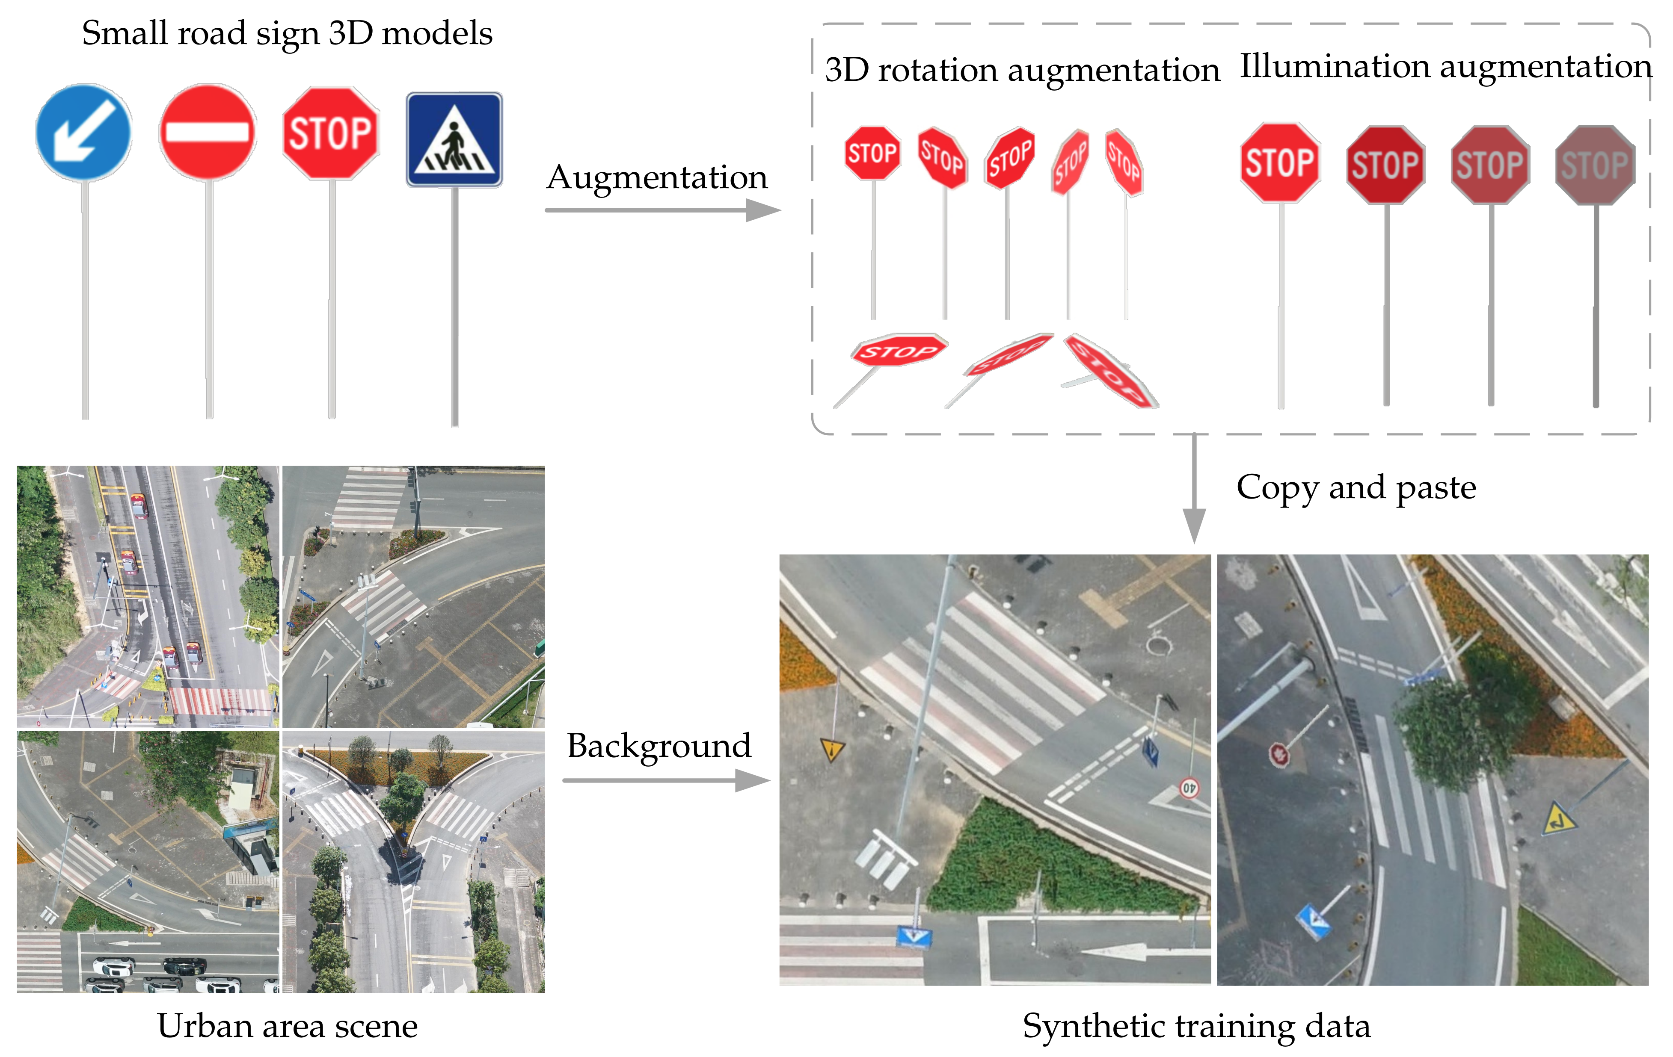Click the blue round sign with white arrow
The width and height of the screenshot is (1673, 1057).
(x=83, y=132)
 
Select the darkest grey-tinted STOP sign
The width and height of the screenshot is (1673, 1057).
(x=1595, y=165)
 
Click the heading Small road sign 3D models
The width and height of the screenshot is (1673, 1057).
(x=287, y=33)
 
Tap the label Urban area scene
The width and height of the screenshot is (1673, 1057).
(x=287, y=1026)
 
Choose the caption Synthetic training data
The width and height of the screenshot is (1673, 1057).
(x=1196, y=1026)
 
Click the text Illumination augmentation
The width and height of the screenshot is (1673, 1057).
(x=1445, y=67)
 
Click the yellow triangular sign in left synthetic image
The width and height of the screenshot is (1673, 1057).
(x=832, y=749)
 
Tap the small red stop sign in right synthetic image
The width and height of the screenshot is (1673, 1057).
(x=1279, y=754)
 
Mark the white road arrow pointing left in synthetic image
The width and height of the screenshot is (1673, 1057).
(x=1118, y=951)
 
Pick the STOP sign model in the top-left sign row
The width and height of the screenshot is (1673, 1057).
(x=331, y=133)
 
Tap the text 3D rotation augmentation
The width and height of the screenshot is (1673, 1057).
(x=1022, y=70)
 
